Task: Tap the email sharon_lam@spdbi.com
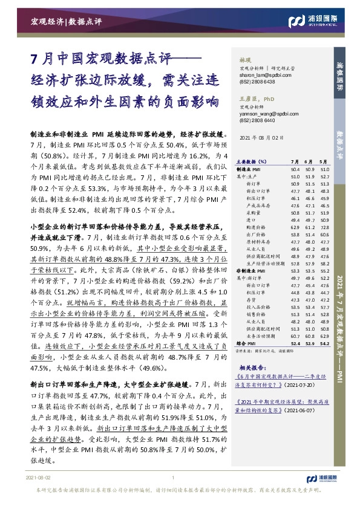tap(256, 75)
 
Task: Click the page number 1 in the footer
tap(174, 494)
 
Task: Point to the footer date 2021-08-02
tap(38, 494)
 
